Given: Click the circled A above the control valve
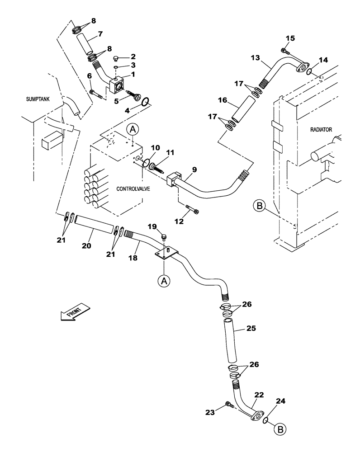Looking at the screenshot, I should click(133, 130).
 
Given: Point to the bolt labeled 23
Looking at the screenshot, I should click(229, 406).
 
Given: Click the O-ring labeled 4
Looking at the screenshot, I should click(143, 103).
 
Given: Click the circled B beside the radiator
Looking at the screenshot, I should click(259, 206).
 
